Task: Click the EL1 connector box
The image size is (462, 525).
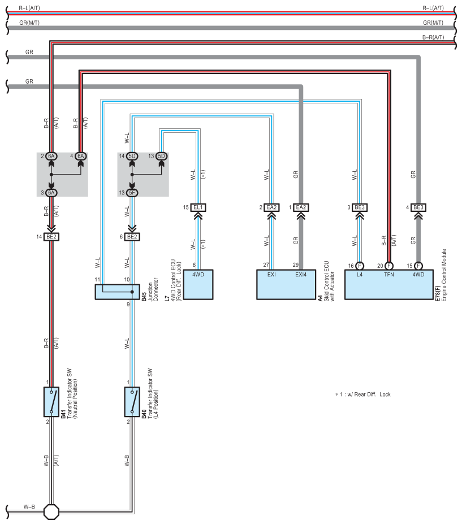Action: click(x=198, y=207)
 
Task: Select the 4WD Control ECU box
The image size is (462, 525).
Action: click(x=198, y=285)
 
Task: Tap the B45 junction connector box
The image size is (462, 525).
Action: click(x=117, y=292)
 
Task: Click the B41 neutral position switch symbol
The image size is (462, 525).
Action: click(x=51, y=402)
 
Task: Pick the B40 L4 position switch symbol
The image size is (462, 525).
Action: click(x=132, y=402)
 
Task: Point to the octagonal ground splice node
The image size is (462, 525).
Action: click(x=51, y=512)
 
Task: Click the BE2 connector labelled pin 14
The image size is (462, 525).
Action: click(x=51, y=237)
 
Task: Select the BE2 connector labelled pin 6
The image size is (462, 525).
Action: click(x=132, y=237)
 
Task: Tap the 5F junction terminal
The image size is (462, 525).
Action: click(x=132, y=193)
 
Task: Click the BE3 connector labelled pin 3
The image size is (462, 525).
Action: click(x=360, y=207)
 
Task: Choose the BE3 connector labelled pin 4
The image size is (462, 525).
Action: click(x=418, y=207)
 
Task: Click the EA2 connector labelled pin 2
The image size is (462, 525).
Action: click(x=271, y=207)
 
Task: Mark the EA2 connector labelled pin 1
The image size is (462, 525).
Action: click(x=301, y=207)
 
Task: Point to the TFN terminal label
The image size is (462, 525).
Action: click(x=388, y=275)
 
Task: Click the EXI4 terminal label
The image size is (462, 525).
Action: click(x=301, y=275)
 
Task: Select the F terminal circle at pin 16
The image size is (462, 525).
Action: click(x=360, y=266)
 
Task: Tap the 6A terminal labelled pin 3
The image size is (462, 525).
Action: click(x=51, y=193)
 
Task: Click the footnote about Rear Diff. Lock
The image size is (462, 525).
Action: click(x=363, y=394)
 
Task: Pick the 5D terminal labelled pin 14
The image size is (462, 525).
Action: click(x=132, y=156)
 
